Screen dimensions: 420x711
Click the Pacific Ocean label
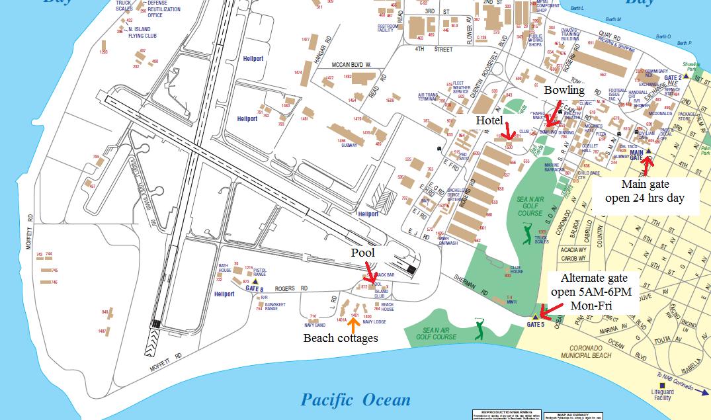[355, 399]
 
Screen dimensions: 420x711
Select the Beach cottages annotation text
[340, 338]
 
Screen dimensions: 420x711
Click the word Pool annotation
[363, 253]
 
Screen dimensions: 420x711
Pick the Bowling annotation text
[564, 89]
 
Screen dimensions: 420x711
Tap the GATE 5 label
[536, 325]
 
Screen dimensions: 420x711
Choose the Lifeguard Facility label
[661, 395]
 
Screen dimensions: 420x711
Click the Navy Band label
[315, 325]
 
